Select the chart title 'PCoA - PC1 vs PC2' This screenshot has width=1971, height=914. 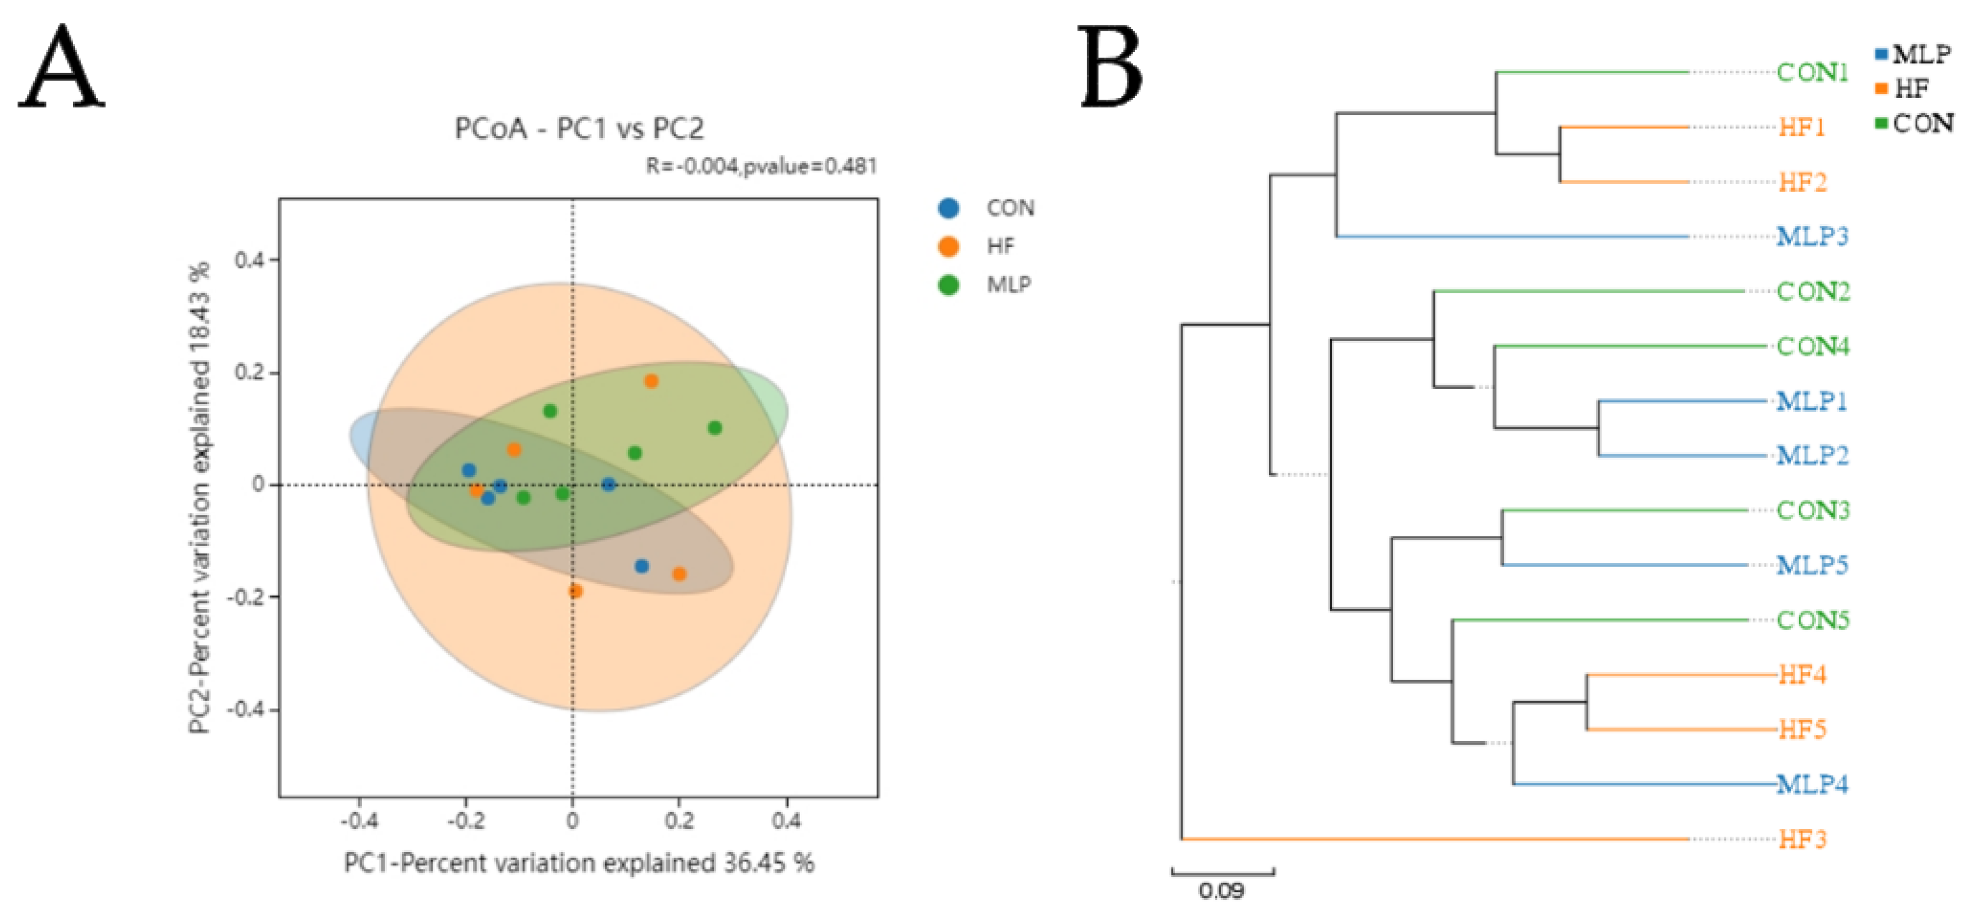(x=578, y=129)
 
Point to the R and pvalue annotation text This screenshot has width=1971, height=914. (x=761, y=166)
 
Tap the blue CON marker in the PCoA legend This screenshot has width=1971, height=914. (x=949, y=208)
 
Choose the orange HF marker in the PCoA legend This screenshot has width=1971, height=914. (x=949, y=245)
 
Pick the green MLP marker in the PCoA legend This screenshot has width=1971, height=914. (x=949, y=285)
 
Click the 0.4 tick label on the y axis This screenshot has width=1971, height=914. (x=249, y=260)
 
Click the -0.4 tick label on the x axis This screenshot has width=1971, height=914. (x=359, y=821)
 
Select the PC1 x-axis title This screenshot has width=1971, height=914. (x=578, y=863)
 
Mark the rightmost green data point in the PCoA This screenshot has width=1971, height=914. (x=715, y=428)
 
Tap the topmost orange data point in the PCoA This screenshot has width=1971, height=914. (x=651, y=381)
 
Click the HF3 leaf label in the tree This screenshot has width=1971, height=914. (x=1802, y=840)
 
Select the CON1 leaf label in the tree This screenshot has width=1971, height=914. (x=1812, y=73)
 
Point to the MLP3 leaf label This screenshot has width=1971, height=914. (x=1812, y=237)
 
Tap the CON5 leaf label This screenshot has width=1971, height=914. (x=1812, y=620)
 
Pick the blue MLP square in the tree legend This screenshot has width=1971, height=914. (x=1881, y=55)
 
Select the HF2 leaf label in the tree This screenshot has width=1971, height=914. (x=1802, y=182)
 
